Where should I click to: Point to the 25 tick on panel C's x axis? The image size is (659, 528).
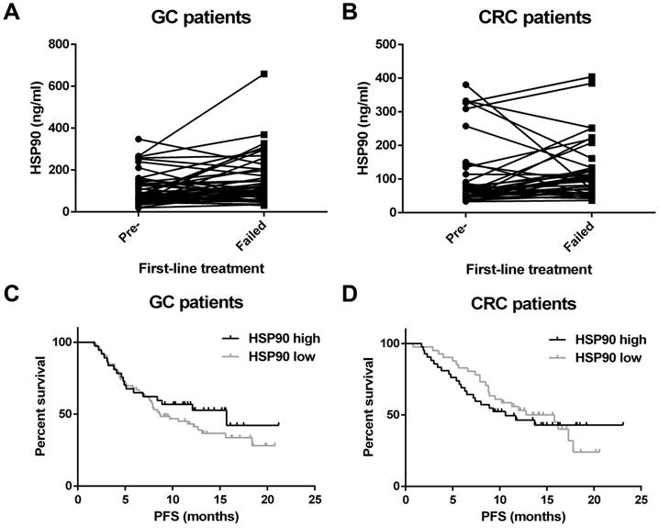(x=315, y=500)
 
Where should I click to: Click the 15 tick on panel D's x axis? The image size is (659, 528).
(x=547, y=500)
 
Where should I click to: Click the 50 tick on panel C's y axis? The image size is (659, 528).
(x=64, y=414)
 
